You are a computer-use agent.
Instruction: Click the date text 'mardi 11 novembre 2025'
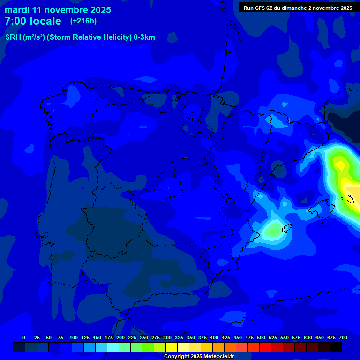tap(58, 10)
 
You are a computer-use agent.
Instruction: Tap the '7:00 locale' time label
tap(33, 21)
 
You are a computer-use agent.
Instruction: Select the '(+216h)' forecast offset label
tap(83, 21)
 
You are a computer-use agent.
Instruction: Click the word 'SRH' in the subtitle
tap(13, 37)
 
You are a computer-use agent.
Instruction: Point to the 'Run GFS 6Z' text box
tap(298, 8)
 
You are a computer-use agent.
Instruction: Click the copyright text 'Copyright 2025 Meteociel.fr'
tap(199, 356)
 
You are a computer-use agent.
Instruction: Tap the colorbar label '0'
tap(24, 337)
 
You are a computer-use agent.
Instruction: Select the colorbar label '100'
tap(74, 337)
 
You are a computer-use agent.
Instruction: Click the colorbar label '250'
tap(144, 337)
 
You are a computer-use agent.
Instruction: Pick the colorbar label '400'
tap(214, 337)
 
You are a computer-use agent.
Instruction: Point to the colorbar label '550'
tap(285, 337)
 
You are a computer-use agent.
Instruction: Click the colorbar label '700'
tap(343, 337)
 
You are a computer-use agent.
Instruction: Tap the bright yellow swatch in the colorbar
tap(172, 347)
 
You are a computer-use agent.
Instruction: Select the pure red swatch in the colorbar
tap(265, 347)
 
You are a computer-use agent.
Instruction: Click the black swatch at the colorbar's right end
tap(336, 347)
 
